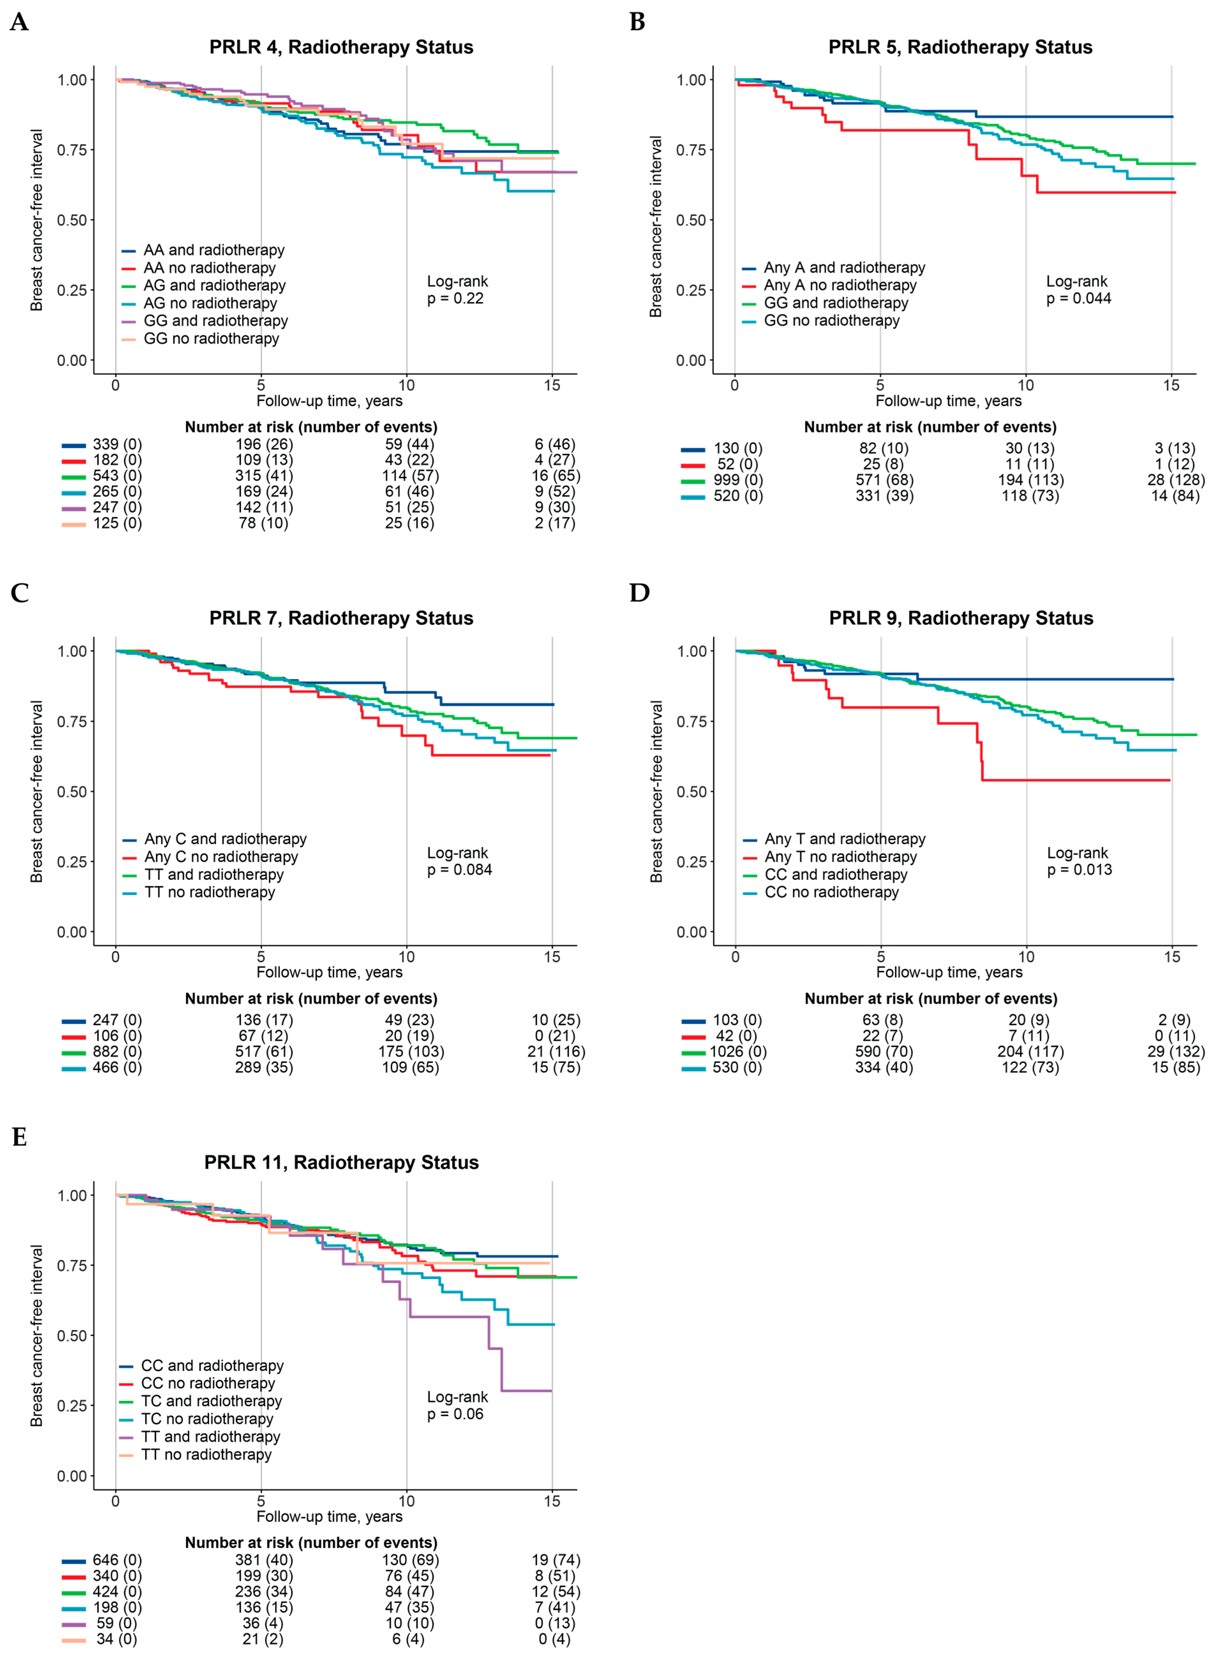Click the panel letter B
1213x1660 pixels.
coord(637,22)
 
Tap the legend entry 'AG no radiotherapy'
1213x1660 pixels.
coord(210,303)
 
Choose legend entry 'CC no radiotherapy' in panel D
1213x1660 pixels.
coord(831,892)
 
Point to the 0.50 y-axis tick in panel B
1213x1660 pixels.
coord(691,220)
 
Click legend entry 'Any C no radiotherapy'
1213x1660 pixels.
coord(221,857)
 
